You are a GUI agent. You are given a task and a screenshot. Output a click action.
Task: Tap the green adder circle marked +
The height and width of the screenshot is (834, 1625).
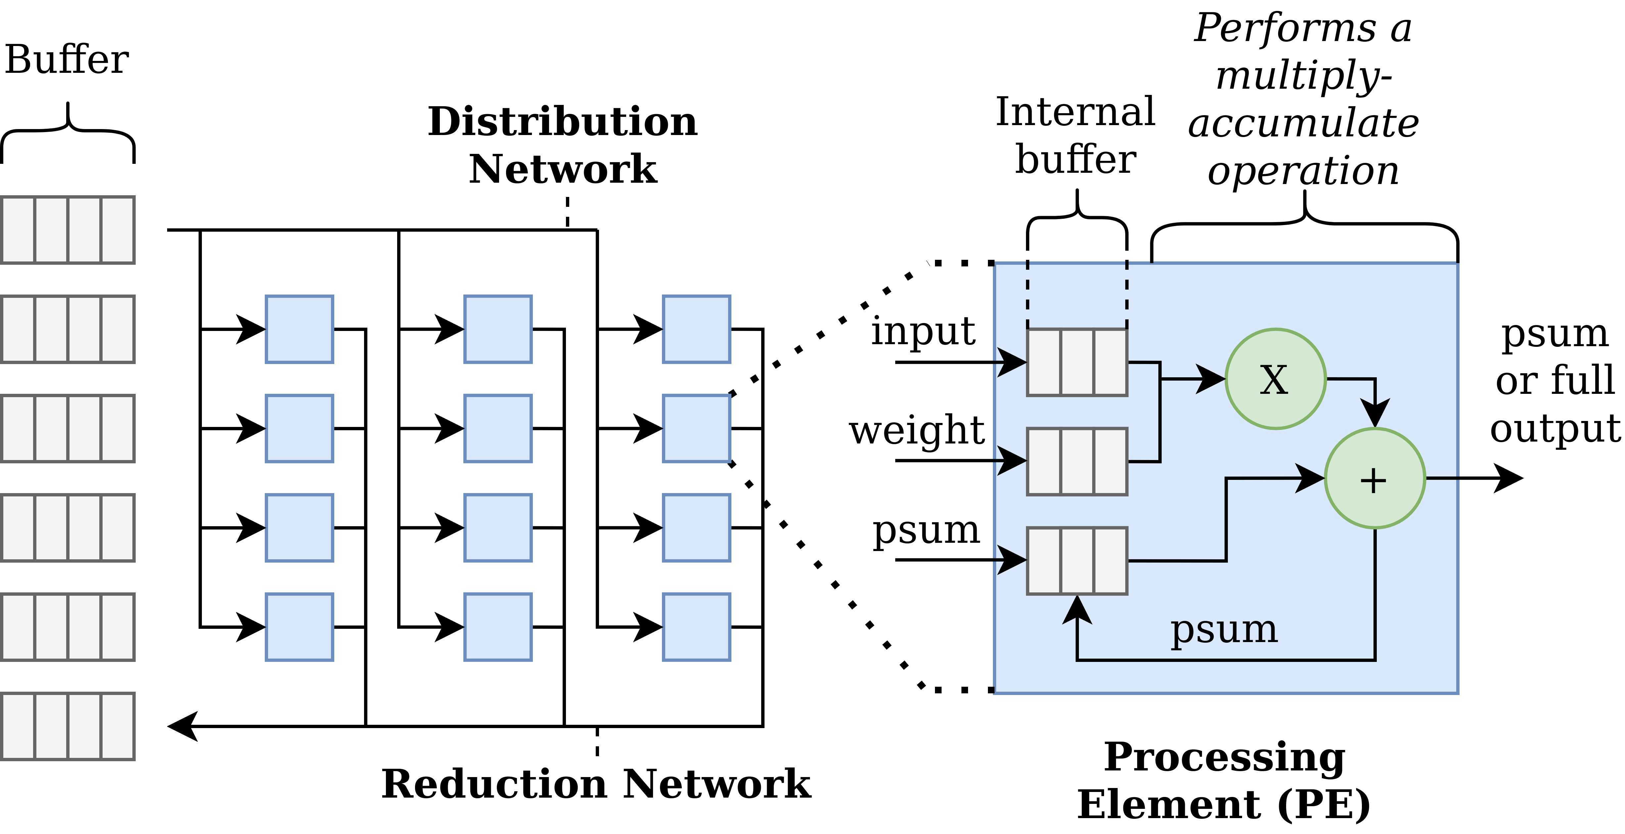[x=1374, y=479]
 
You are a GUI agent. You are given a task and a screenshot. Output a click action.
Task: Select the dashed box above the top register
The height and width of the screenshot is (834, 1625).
[x=1077, y=295]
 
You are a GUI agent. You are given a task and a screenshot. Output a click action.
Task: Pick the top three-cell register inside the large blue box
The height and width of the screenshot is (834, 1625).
[x=1077, y=362]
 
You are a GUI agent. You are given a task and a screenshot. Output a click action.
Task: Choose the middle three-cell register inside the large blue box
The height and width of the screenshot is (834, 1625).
[x=1077, y=461]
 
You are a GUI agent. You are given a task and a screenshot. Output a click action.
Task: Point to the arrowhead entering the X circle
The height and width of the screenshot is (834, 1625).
[x=1211, y=379]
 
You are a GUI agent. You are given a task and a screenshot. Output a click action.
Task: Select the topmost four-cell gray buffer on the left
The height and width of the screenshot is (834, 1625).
[x=68, y=230]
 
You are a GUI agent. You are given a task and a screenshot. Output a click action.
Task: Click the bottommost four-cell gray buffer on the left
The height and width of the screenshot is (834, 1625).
[x=68, y=726]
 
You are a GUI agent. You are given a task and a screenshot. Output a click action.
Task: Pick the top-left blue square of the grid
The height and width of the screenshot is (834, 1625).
[x=299, y=329]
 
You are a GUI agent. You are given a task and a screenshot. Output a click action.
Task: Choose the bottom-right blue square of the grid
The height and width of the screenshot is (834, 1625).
[x=696, y=626]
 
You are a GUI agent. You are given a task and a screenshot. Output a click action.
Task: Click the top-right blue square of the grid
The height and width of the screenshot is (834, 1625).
[x=696, y=329]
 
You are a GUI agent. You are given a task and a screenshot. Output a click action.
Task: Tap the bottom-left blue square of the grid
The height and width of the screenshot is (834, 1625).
[x=299, y=626]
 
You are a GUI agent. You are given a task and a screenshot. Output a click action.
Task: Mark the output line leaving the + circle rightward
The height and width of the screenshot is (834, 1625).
[x=1441, y=479]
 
